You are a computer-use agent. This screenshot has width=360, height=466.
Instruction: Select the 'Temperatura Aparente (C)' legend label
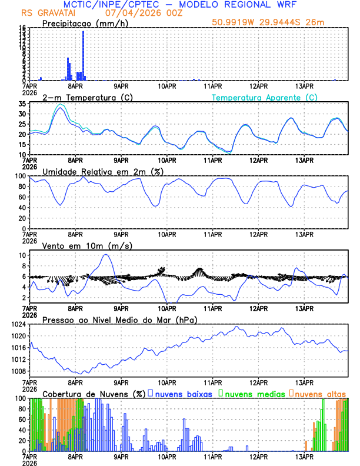click(x=265, y=97)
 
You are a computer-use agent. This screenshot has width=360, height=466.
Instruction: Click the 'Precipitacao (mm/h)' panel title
click(x=82, y=23)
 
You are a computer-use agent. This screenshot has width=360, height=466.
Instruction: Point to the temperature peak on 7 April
click(x=61, y=107)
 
